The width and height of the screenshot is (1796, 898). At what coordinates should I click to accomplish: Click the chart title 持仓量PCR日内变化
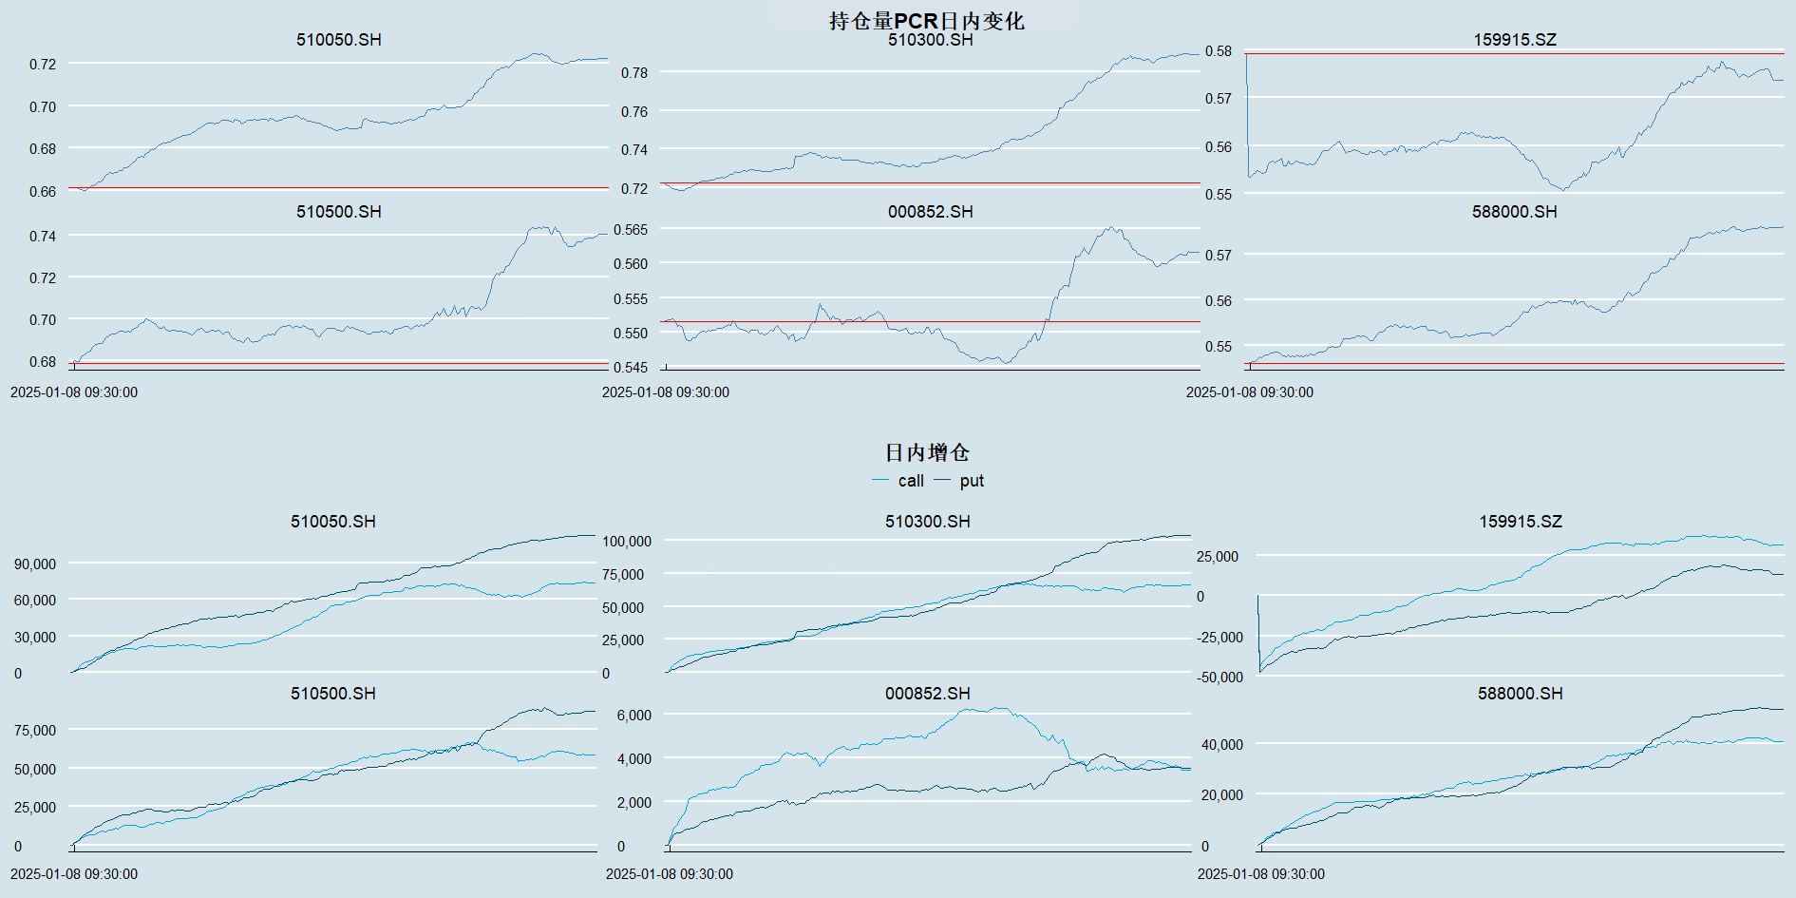(926, 21)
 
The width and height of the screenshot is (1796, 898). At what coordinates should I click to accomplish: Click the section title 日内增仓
(927, 452)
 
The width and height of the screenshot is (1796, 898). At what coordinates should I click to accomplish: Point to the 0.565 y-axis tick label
(631, 230)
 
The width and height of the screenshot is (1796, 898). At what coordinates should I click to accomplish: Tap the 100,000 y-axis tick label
(627, 542)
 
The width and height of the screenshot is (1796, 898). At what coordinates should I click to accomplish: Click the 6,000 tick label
(633, 716)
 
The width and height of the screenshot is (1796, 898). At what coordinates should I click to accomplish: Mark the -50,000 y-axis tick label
(1219, 678)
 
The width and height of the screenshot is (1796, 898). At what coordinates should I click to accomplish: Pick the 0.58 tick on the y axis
(1219, 51)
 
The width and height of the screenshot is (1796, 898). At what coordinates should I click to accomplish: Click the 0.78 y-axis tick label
(634, 73)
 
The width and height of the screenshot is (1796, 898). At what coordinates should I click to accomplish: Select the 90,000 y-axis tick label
(35, 564)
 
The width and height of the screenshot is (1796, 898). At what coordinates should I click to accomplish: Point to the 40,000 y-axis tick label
(1221, 745)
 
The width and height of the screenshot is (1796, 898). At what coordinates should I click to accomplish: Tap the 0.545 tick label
(631, 368)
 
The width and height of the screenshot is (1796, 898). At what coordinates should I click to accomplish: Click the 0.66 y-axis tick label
(43, 192)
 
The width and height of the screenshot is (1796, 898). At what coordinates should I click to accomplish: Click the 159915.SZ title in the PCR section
(1515, 40)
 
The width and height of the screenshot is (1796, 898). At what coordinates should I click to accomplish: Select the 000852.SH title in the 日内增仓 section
(928, 694)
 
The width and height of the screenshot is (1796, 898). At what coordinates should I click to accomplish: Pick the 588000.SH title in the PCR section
(1515, 212)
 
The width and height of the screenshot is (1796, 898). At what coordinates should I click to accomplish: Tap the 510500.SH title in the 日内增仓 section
(333, 694)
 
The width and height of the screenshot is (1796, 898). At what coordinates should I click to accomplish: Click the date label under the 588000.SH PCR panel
(1250, 392)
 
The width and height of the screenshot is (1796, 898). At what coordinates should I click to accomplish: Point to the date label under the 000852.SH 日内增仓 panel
(670, 874)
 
